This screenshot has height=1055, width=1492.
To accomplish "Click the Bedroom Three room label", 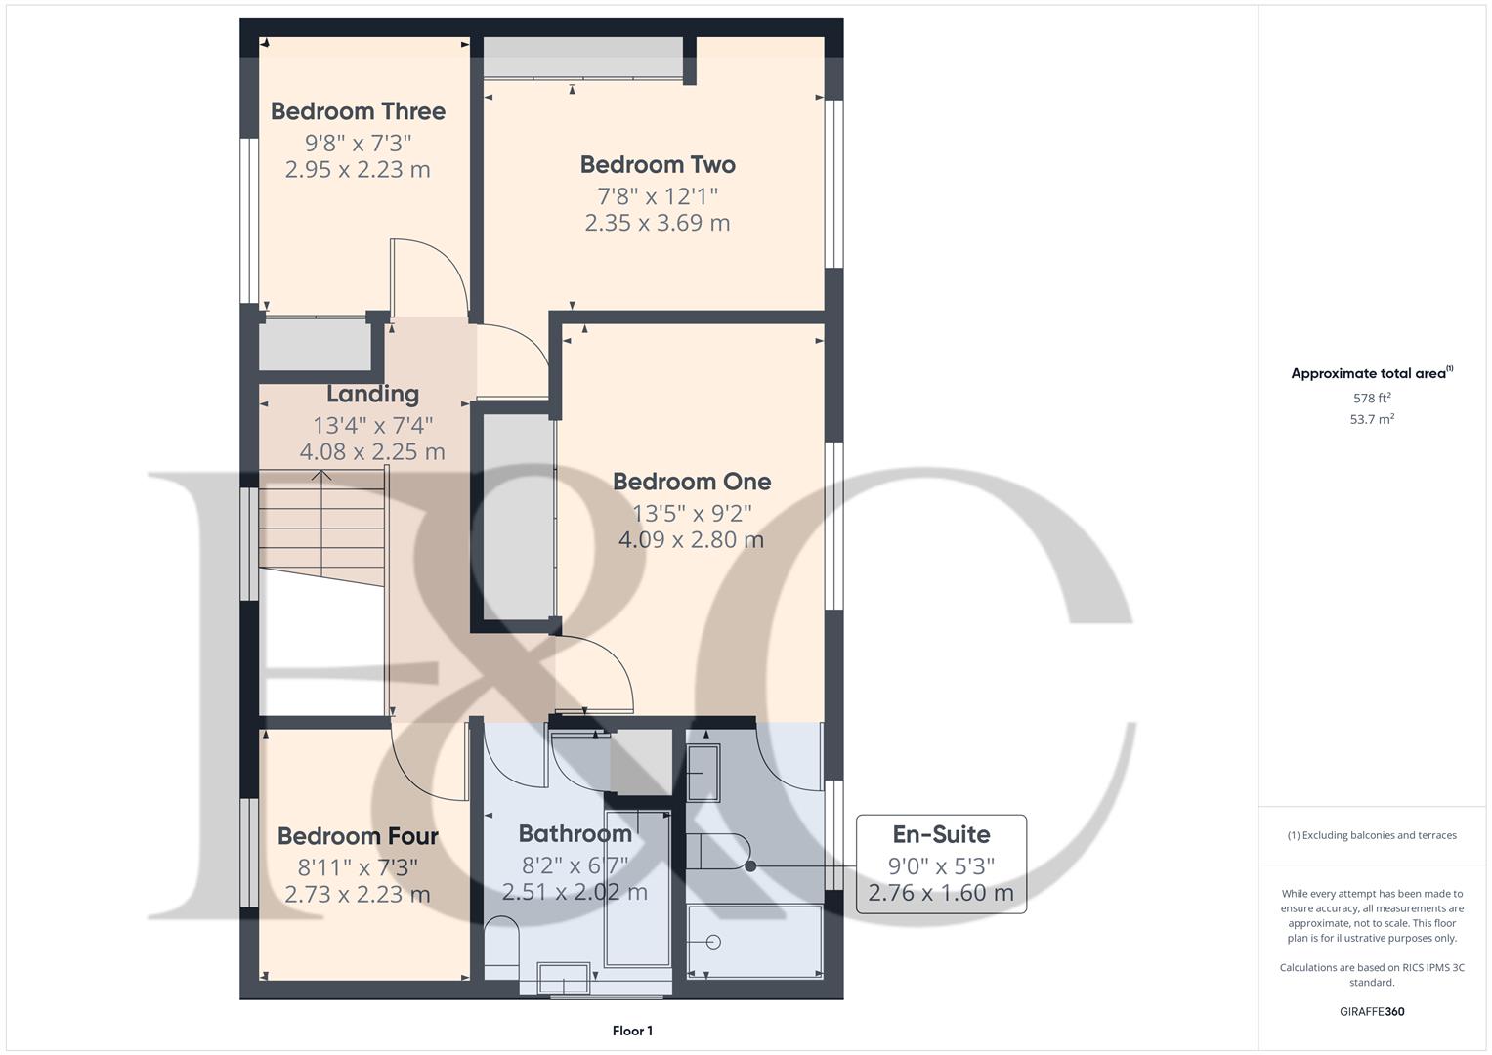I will (358, 111).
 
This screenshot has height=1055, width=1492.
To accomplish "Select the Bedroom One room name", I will (692, 482).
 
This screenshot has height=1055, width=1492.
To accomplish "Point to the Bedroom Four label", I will (358, 836).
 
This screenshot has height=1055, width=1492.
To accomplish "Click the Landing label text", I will (372, 394).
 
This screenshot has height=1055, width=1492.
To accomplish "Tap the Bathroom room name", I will (575, 833).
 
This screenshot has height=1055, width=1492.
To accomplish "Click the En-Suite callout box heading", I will (941, 834).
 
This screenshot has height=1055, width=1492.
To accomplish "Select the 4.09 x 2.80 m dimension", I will (692, 539).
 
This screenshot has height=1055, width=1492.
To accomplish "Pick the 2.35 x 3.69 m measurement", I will (658, 223).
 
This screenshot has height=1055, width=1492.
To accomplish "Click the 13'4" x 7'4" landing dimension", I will (372, 425).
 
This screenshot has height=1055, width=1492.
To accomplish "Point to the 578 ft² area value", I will (1372, 399).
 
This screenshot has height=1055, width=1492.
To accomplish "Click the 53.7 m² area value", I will (1372, 419).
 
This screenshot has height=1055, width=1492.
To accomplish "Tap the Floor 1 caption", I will (632, 1031).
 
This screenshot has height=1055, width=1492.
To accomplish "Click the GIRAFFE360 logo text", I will (1372, 1011).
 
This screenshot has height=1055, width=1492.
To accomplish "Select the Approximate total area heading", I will (1372, 373).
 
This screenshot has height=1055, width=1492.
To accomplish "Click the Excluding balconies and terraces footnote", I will (1372, 835).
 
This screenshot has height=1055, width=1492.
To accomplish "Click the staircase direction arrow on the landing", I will (320, 478).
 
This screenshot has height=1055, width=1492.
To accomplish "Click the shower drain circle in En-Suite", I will (713, 942).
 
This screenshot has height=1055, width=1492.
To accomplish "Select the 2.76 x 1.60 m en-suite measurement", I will (941, 893).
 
